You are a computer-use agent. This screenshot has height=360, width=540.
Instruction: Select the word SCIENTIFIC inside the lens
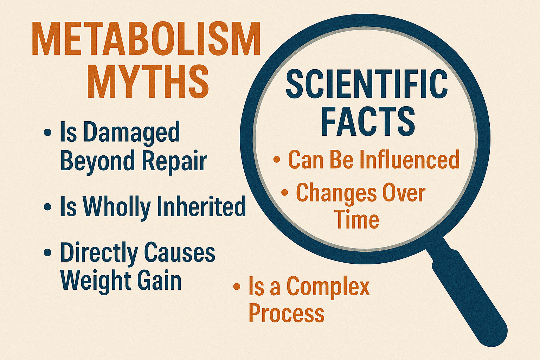(367, 84)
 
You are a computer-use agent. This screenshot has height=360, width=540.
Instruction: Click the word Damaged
(131, 133)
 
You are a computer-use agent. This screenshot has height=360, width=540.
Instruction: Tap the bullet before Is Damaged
(47, 133)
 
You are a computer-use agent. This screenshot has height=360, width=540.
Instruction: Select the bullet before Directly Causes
(47, 253)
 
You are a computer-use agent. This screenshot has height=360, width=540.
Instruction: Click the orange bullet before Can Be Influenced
(277, 160)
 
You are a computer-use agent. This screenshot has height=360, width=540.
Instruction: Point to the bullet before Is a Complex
(237, 287)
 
